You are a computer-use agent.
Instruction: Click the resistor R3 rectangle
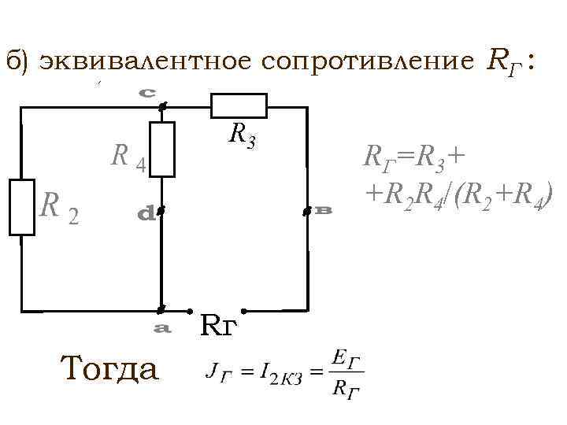(239, 105)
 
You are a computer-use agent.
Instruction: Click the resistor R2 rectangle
(22, 207)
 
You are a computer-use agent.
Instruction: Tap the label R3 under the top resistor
(241, 135)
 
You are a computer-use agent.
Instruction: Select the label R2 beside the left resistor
(58, 207)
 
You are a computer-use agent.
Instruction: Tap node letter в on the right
(323, 211)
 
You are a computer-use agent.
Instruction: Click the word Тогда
(109, 367)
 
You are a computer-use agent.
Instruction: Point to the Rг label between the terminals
(217, 323)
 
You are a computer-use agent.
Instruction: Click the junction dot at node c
(161, 105)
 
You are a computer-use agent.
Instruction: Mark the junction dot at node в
(306, 212)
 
